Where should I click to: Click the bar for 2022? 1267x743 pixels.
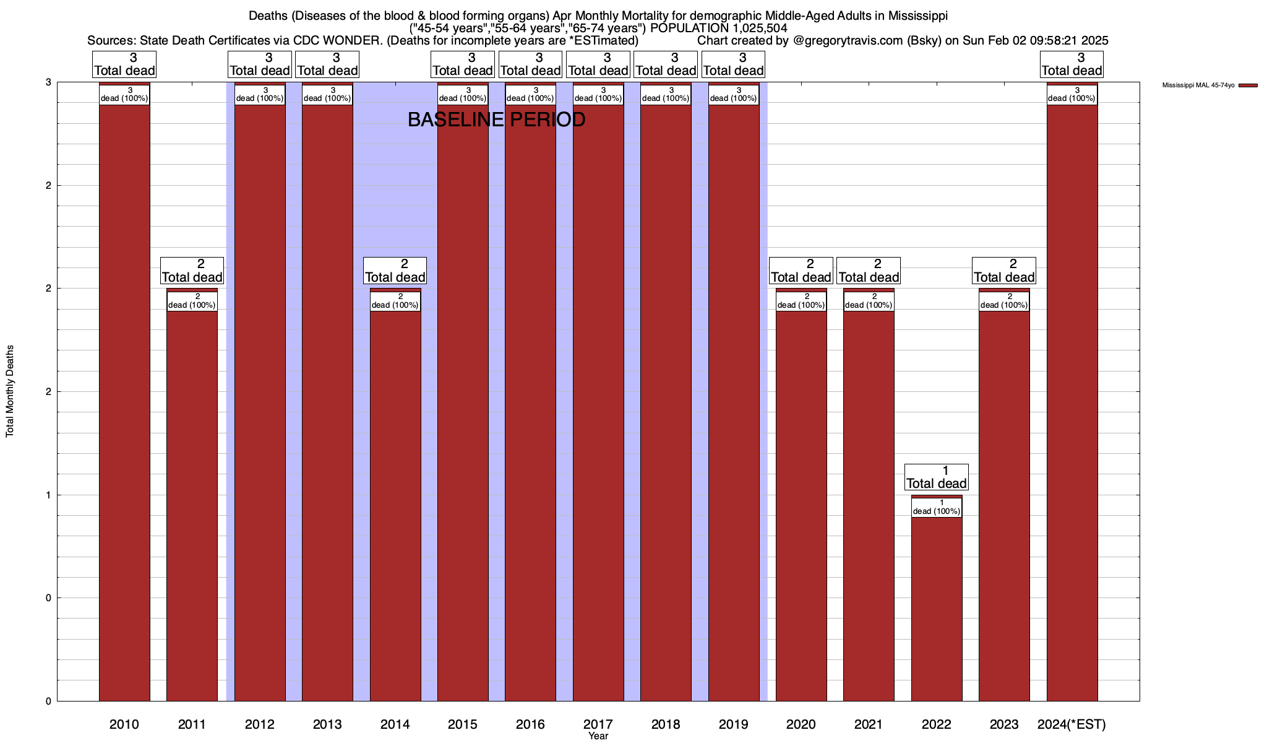tap(937, 607)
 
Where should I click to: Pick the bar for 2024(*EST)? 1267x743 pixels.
tap(1072, 402)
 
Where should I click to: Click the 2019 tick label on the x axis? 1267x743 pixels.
tap(734, 724)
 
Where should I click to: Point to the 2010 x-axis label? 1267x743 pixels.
tap(124, 724)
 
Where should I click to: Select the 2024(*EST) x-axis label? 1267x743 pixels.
tap(1072, 724)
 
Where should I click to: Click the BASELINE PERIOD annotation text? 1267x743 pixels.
tap(496, 119)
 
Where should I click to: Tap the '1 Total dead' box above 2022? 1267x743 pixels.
tap(937, 477)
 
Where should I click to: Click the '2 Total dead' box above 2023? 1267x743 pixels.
tap(1004, 271)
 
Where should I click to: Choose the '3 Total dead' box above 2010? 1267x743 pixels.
tap(124, 64)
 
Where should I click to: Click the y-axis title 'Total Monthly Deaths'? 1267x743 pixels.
tap(10, 391)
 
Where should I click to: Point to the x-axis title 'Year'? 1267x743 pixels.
tap(598, 736)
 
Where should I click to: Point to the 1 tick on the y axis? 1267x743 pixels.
tap(48, 495)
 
